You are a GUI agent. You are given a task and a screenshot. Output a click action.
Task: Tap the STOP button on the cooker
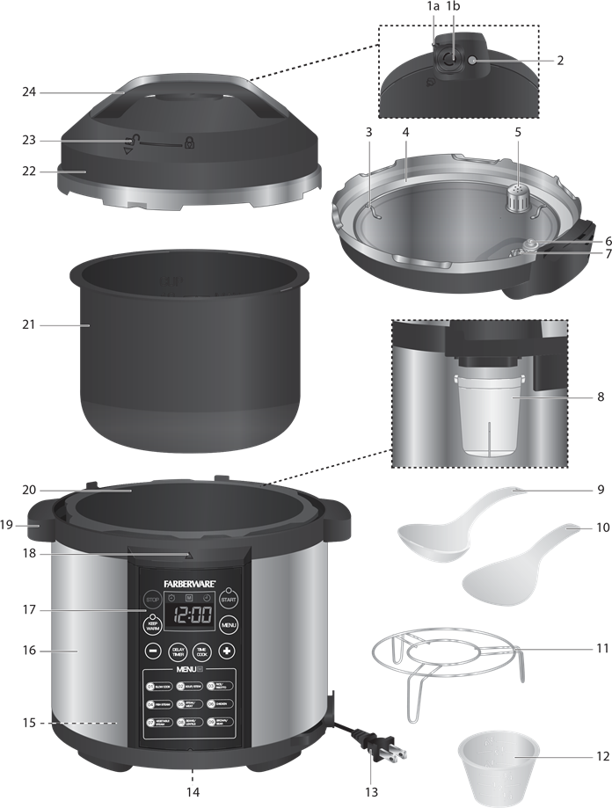point(154,600)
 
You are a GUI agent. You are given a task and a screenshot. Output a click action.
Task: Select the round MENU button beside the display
point(229,625)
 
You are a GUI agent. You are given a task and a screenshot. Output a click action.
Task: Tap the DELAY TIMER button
point(178,652)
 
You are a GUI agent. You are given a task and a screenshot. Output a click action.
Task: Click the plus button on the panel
point(227,652)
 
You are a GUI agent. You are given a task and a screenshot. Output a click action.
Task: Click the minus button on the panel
point(153,652)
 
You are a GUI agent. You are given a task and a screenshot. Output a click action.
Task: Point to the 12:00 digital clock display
point(191,614)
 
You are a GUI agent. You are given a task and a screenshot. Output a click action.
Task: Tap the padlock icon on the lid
point(189,142)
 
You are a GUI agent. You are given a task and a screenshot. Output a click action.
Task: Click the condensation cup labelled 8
point(487,413)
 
